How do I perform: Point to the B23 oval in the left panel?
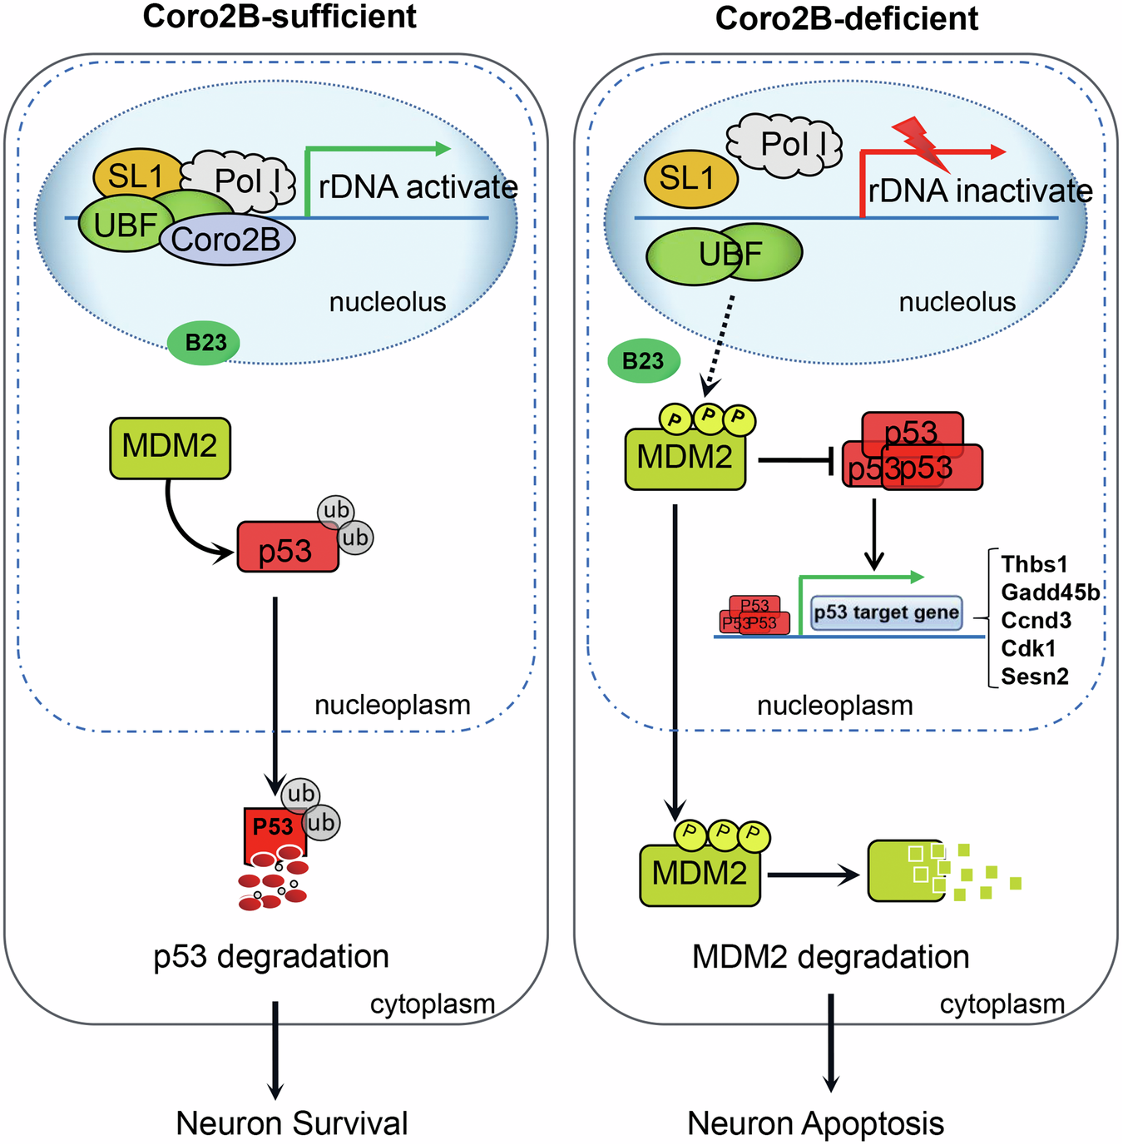click(x=204, y=343)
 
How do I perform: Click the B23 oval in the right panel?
click(x=643, y=361)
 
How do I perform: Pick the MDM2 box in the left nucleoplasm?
click(x=170, y=447)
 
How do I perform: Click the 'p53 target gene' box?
click(x=886, y=613)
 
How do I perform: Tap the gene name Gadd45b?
click(x=1050, y=592)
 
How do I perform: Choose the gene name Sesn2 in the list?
click(x=1034, y=677)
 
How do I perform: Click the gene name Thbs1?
click(x=1034, y=564)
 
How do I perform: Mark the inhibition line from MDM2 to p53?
click(x=794, y=459)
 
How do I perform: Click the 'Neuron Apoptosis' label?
click(x=815, y=1123)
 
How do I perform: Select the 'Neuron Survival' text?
click(x=292, y=1123)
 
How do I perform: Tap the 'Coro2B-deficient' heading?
click(x=846, y=18)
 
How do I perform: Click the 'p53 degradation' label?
click(x=271, y=957)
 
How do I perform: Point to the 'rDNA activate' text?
click(x=418, y=187)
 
